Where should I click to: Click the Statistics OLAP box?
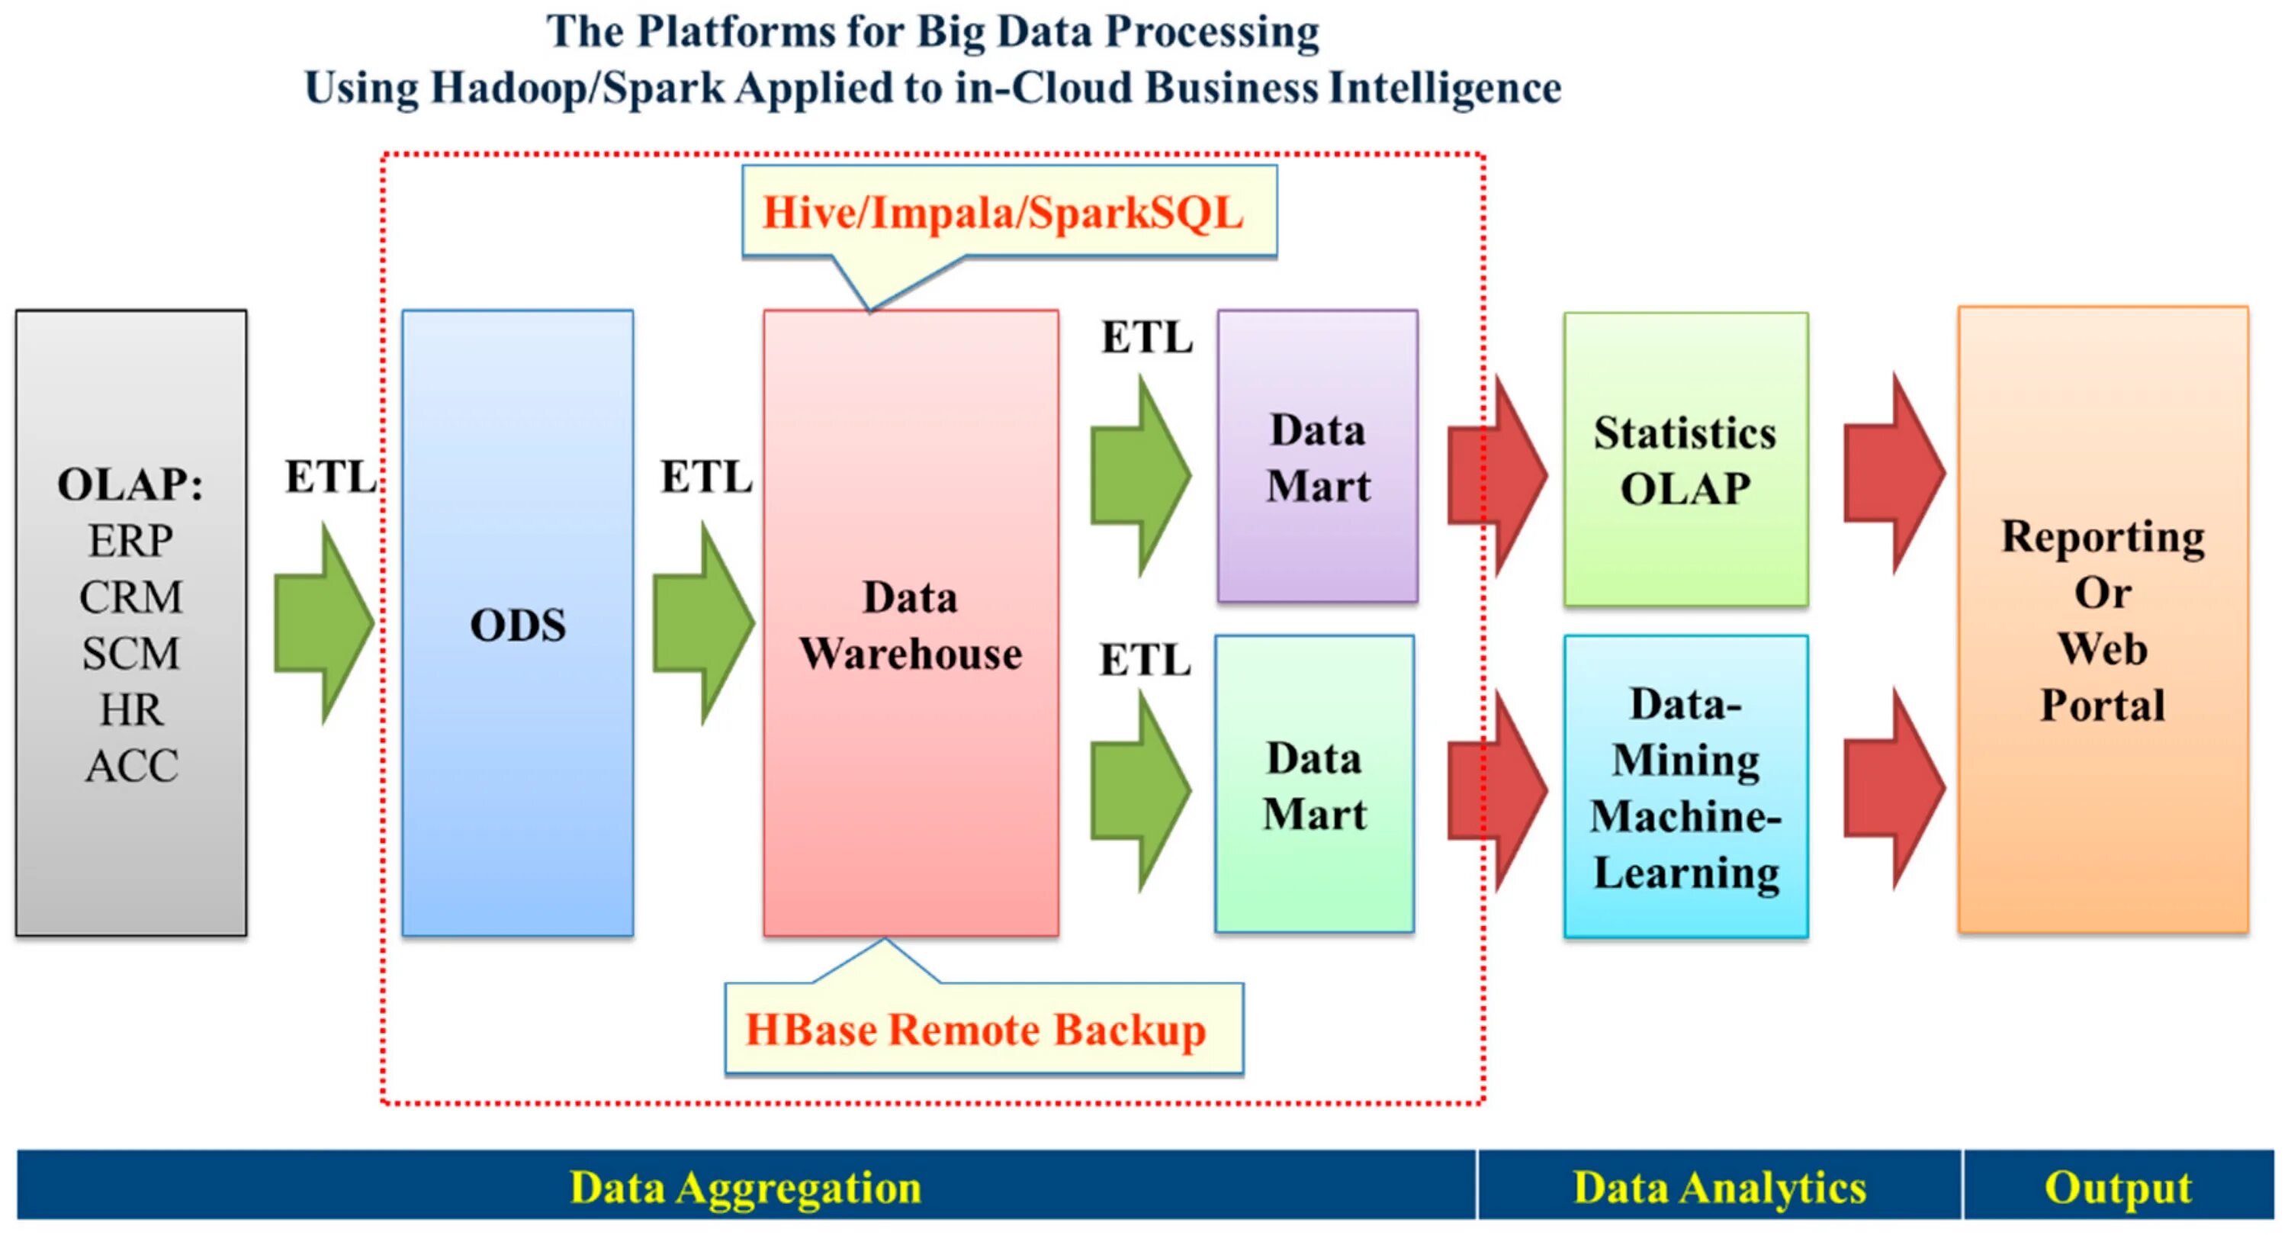tap(1685, 459)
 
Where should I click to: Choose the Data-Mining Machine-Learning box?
tap(1685, 786)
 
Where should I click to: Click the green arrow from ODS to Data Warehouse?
tap(702, 622)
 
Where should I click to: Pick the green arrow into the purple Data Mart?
tap(1139, 475)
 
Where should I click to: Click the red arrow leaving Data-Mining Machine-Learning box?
tap(1894, 788)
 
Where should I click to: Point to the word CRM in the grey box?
tap(130, 597)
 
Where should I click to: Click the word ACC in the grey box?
tap(131, 766)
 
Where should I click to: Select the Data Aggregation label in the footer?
tap(745, 1187)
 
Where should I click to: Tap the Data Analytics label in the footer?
tap(1718, 1187)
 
